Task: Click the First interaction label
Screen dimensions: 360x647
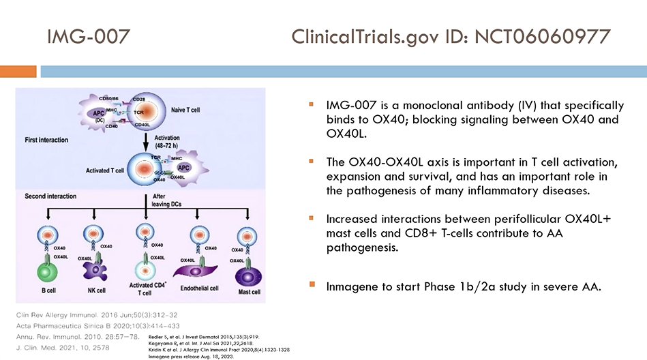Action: (46, 140)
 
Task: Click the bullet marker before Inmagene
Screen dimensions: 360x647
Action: (312, 284)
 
